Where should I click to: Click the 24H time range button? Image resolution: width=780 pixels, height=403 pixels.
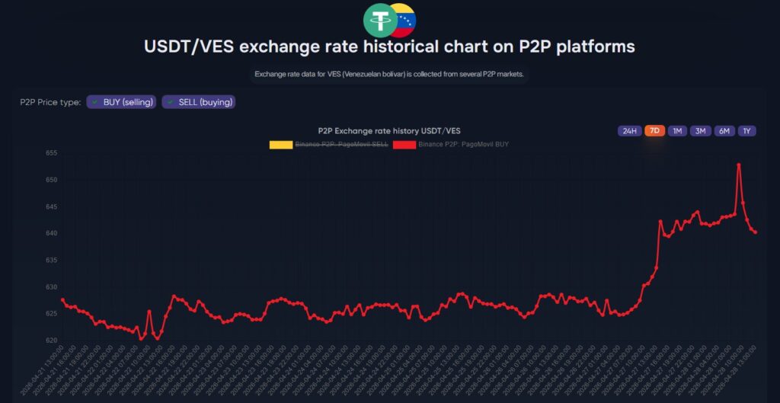click(629, 131)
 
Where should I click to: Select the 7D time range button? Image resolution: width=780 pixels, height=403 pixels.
click(654, 131)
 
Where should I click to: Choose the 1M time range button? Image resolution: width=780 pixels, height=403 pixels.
click(677, 131)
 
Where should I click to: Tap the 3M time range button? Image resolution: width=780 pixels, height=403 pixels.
click(700, 131)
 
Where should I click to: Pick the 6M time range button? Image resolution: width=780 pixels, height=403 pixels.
click(724, 131)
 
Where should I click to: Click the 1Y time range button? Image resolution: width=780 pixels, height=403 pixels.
click(747, 131)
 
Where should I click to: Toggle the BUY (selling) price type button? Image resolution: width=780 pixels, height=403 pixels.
click(122, 102)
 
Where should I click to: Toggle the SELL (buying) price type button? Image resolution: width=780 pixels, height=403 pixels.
click(198, 102)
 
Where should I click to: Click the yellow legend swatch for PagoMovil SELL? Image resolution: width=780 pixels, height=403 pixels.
click(280, 143)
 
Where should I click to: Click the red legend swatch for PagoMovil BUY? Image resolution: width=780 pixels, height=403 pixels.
click(404, 143)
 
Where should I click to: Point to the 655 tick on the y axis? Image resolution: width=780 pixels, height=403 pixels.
click(52, 153)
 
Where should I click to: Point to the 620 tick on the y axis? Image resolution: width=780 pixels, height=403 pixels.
click(52, 341)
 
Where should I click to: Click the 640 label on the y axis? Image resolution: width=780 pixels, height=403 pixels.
click(52, 233)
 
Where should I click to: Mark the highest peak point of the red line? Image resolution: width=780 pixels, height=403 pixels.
click(739, 165)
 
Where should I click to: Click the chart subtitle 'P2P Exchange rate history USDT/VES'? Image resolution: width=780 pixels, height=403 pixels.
click(388, 131)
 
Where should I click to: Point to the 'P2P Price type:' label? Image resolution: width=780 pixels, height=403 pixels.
click(50, 102)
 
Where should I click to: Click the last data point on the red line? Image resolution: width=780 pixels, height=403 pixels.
click(755, 232)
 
